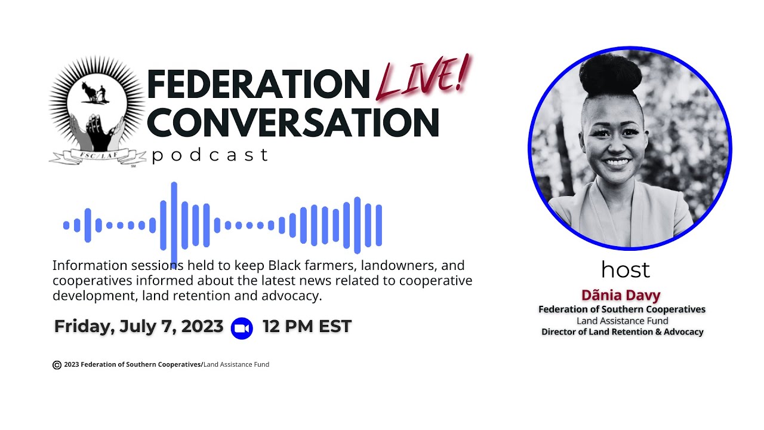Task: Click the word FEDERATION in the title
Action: pos(258,84)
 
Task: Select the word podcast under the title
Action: pos(210,156)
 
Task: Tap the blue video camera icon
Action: pos(242,328)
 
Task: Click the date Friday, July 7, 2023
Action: pos(138,327)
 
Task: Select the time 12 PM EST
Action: pos(307,327)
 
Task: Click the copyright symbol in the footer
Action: pos(57,365)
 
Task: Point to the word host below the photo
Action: pos(625,270)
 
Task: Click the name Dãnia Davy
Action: pos(621,295)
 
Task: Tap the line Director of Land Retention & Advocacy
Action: pos(622,331)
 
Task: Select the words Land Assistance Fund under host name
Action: pos(622,321)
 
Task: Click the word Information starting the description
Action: pos(90,265)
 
